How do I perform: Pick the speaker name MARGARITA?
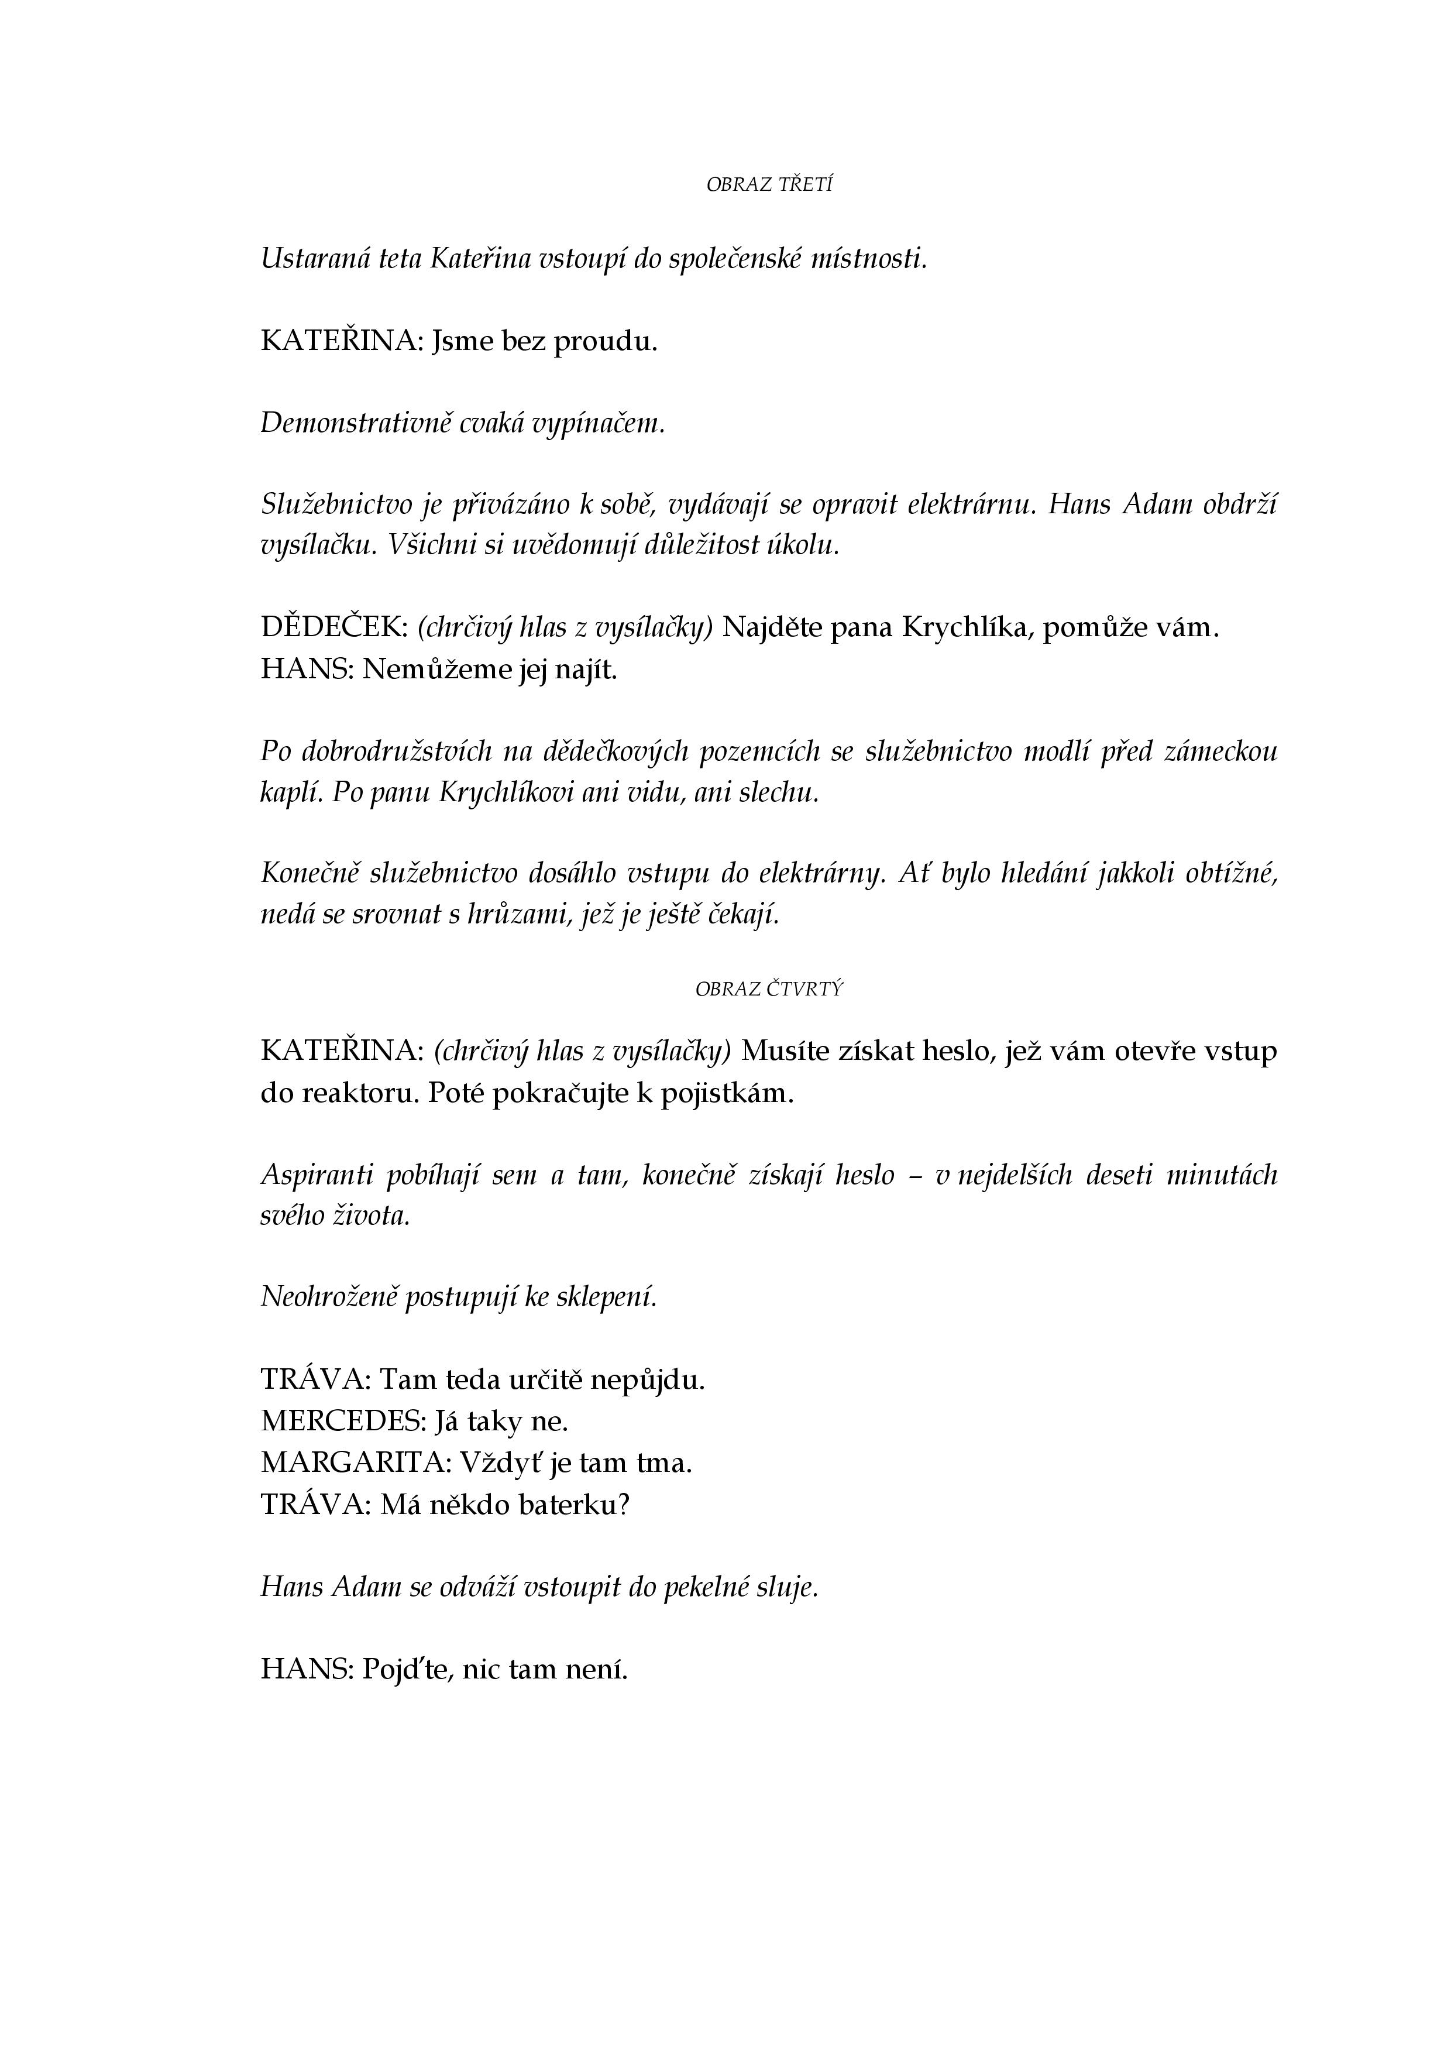(x=354, y=1463)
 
